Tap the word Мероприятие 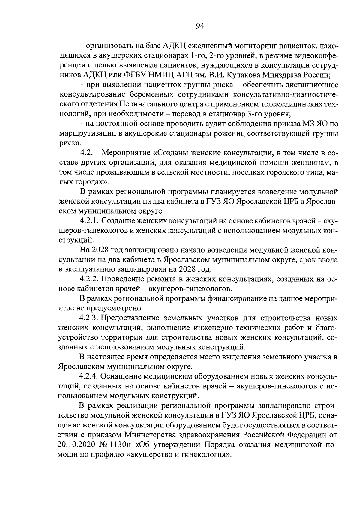[126, 153]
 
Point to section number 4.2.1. [89, 221]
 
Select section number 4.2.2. [89, 279]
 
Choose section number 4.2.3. [89, 318]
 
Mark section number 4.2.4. [89, 376]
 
